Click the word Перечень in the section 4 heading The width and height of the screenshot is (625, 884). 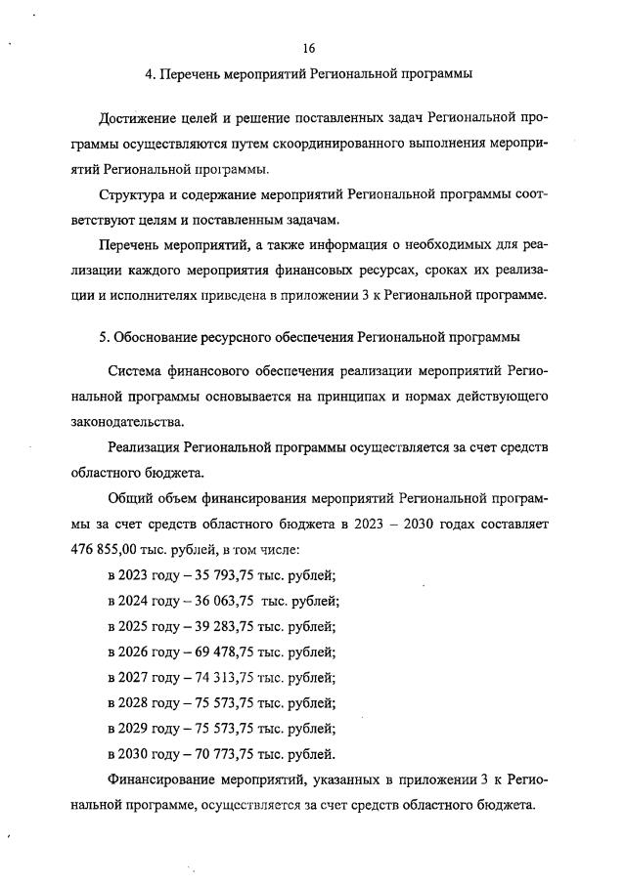[x=191, y=73]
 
